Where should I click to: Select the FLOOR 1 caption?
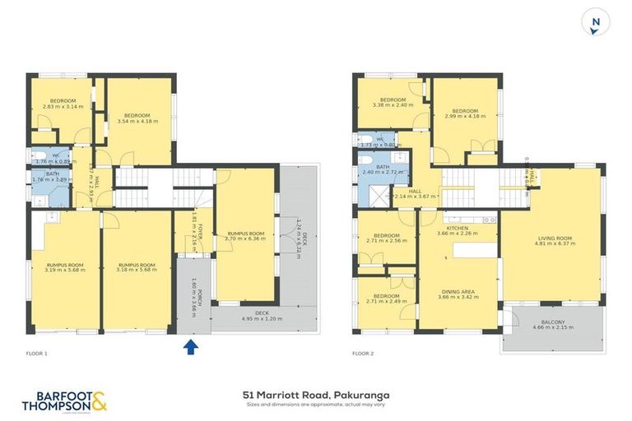[x=37, y=354]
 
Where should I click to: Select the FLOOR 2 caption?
[x=363, y=354]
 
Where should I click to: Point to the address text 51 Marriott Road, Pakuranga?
[x=316, y=395]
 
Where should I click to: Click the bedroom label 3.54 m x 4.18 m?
[x=137, y=118]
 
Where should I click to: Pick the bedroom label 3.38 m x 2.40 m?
[x=392, y=102]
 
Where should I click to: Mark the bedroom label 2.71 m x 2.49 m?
[x=386, y=299]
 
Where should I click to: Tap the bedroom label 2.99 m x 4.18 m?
[x=465, y=113]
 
